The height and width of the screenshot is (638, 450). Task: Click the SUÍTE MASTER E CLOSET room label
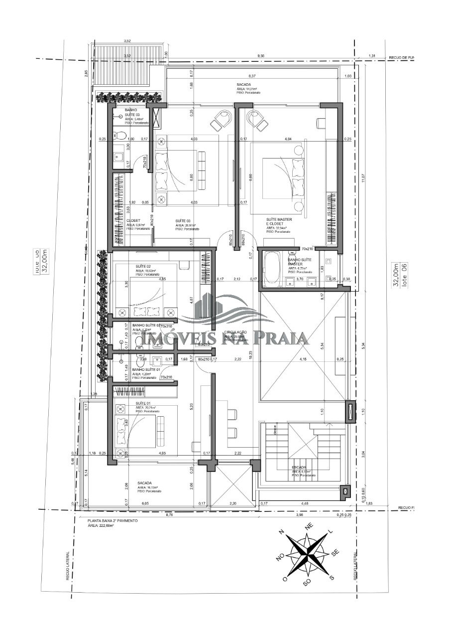(x=279, y=222)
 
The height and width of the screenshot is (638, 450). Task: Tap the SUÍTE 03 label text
(x=184, y=220)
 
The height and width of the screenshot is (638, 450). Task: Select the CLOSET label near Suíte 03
(x=133, y=220)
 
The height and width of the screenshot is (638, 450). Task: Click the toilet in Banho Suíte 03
(x=119, y=135)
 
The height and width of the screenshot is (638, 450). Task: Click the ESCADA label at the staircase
(x=299, y=468)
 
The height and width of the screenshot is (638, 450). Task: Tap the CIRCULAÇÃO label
(x=236, y=332)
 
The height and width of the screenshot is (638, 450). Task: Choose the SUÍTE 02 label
(x=144, y=266)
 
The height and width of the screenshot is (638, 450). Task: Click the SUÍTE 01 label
(x=143, y=403)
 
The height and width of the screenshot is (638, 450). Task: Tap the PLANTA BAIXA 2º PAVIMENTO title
(x=112, y=520)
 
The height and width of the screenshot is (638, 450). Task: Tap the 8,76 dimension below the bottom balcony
(x=142, y=515)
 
